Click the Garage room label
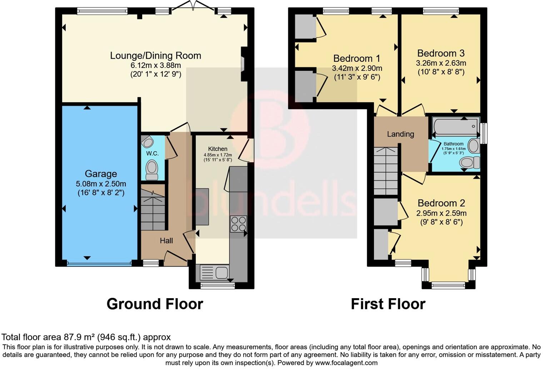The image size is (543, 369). [101, 174]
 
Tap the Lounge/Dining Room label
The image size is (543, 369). [155, 55]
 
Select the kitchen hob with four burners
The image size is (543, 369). [238, 224]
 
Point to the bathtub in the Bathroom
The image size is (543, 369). [455, 127]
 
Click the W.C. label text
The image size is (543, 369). [153, 153]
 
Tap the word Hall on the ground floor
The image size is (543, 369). [166, 241]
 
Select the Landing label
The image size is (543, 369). [400, 134]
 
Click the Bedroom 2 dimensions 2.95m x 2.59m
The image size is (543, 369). [441, 213]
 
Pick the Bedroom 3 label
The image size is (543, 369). [441, 53]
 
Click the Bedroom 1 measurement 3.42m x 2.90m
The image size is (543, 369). [357, 68]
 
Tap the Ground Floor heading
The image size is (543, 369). [155, 304]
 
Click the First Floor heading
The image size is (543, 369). [388, 304]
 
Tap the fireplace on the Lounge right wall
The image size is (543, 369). [243, 64]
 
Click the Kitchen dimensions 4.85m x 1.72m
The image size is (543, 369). [218, 155]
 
